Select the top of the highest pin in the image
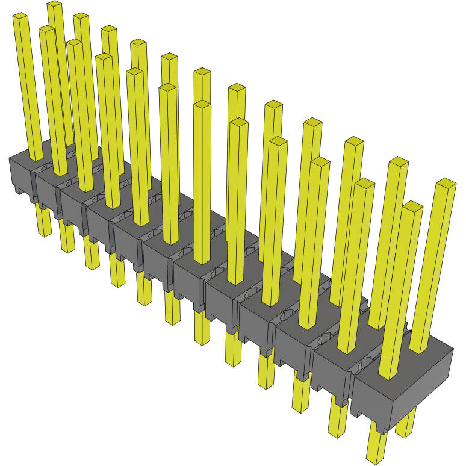[x=54, y=5]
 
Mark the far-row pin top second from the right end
[x=398, y=162]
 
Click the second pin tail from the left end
[x=67, y=237]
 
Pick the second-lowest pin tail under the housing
[x=338, y=421]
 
